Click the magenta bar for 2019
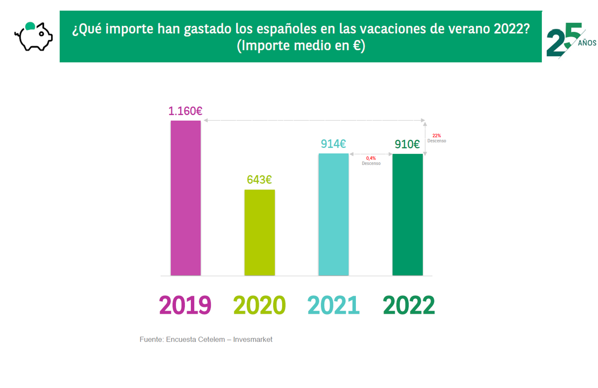(x=186, y=198)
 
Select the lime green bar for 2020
(x=260, y=232)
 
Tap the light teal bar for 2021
(x=333, y=215)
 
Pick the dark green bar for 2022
(x=407, y=215)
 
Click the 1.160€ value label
(x=185, y=111)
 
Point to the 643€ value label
(x=259, y=180)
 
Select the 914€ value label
(x=333, y=144)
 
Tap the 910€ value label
(x=407, y=144)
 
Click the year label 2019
(x=185, y=305)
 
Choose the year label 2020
(x=259, y=305)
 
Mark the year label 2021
(x=333, y=305)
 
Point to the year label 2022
(x=409, y=305)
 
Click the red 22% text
(x=436, y=136)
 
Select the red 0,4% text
(x=371, y=158)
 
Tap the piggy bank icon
(x=34, y=37)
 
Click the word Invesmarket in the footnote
(x=253, y=339)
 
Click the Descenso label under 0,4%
(x=371, y=163)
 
